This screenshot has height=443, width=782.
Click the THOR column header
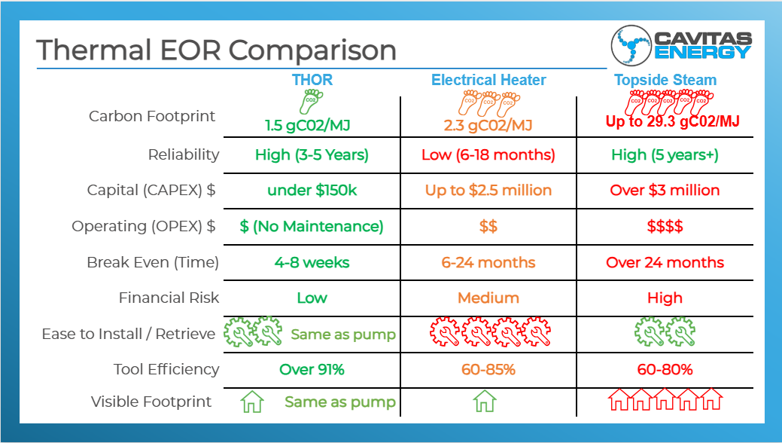tap(312, 80)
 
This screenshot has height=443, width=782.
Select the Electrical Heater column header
tap(488, 80)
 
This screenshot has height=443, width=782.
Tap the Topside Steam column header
tap(665, 80)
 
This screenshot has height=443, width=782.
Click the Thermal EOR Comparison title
tap(216, 50)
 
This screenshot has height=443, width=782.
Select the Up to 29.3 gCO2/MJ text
tap(673, 121)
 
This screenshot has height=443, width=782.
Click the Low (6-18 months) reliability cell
tap(488, 154)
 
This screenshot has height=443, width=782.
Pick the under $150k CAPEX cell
tap(312, 190)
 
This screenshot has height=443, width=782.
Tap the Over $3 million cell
tap(665, 190)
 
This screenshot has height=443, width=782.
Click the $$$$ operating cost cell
tap(665, 226)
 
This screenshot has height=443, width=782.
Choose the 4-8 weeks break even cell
tap(312, 262)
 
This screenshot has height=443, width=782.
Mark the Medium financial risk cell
tap(488, 298)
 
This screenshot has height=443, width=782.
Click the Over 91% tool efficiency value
tap(312, 369)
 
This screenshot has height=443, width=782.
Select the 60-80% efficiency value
tap(665, 369)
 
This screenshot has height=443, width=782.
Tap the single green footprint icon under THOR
tap(310, 101)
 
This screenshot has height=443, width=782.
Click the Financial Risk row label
tap(169, 298)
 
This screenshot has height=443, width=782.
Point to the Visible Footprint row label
tap(151, 402)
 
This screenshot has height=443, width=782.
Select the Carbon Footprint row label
tap(152, 116)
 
